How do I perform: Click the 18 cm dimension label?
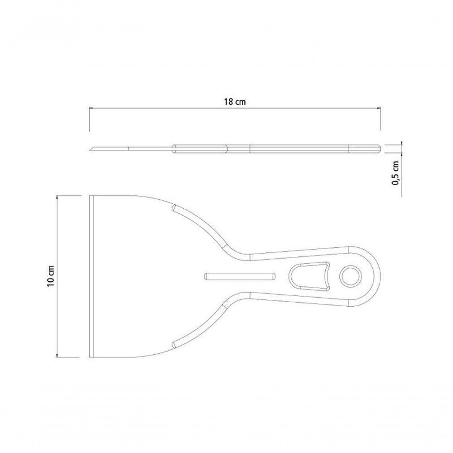pyautogui.click(x=235, y=102)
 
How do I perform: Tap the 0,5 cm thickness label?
pyautogui.click(x=396, y=173)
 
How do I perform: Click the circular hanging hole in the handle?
pyautogui.click(x=349, y=276)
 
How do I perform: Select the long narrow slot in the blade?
pyautogui.click(x=239, y=276)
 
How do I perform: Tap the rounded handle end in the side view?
pyautogui.click(x=377, y=149)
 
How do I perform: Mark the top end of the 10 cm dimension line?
pyautogui.click(x=57, y=196)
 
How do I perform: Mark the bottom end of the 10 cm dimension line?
pyautogui.click(x=57, y=357)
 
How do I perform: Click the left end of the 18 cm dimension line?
pyautogui.click(x=90, y=108)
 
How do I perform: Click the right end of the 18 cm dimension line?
pyautogui.click(x=380, y=108)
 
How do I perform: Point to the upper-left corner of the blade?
pyautogui.click(x=90, y=196)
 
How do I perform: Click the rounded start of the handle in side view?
pyautogui.click(x=173, y=149)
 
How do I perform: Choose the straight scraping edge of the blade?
pyautogui.click(x=91, y=276)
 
